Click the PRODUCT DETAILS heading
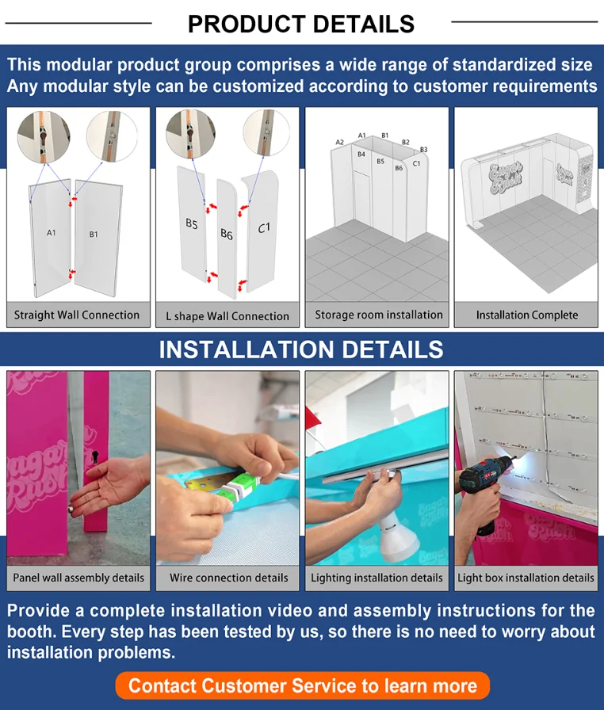coord(301,24)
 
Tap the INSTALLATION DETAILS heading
coord(301,349)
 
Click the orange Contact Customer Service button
coord(303,685)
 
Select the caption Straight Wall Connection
coord(77,315)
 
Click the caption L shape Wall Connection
coord(227,316)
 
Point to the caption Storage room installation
coord(379,315)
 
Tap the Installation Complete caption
coord(527,315)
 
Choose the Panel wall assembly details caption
coord(78,578)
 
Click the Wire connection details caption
coord(228,578)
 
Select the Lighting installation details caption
coord(377,578)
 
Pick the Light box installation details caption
coord(526,578)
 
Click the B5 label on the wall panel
coord(192,223)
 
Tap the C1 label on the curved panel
coord(264,227)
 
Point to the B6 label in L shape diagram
coord(227,234)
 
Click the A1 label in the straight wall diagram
coord(52,233)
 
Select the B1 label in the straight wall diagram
coord(94,234)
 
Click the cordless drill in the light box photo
coord(484,489)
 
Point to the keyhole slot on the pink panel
coord(96,456)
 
